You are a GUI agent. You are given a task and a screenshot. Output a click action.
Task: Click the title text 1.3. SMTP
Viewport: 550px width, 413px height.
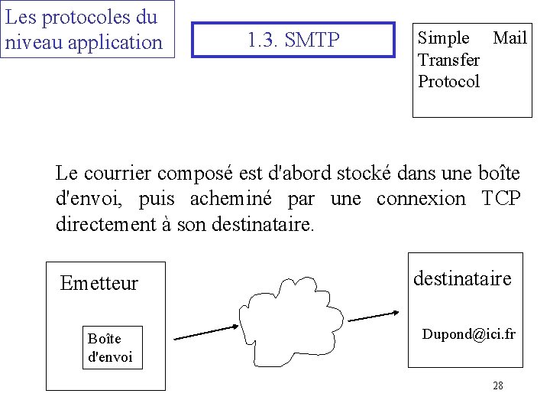coord(293,40)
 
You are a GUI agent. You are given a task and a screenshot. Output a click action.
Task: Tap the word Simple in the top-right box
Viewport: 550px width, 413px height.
coord(444,38)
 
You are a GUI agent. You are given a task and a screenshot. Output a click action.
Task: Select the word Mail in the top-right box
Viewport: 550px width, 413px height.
coord(510,38)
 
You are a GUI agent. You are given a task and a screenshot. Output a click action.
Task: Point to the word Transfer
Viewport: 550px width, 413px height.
coord(449,60)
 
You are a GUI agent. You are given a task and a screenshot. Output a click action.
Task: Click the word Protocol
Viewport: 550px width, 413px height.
coord(449,81)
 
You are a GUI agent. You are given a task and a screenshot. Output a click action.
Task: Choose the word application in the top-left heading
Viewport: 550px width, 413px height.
coord(115,42)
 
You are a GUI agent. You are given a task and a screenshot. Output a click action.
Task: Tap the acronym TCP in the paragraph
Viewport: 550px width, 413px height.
coord(501,199)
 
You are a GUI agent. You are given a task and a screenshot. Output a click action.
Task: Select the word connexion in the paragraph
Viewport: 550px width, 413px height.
coord(421,199)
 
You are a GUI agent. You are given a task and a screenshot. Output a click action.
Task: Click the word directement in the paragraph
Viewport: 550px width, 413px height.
coord(115,225)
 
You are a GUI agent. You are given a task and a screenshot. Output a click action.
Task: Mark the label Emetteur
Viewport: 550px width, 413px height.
coord(99,284)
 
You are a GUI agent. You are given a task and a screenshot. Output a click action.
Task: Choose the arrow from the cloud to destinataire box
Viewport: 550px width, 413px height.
coord(373,314)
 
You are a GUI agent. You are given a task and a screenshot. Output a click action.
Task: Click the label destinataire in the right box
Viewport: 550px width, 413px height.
coord(462,278)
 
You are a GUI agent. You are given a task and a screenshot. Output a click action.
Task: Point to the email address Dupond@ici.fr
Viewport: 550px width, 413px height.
coord(469,334)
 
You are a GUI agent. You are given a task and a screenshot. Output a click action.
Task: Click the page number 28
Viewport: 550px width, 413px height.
coord(498,385)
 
